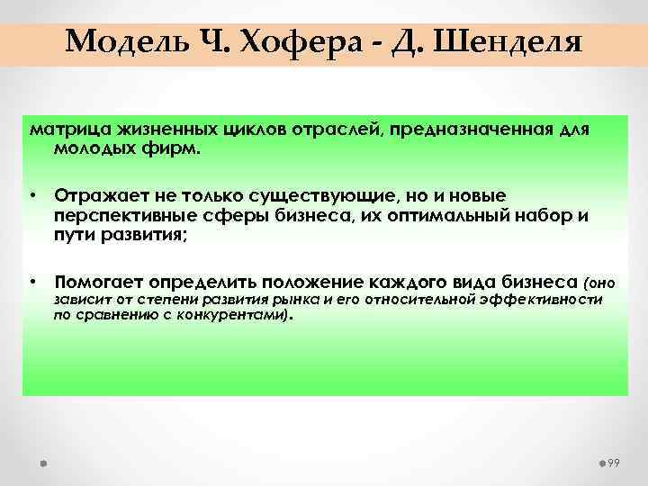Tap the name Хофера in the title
pos(284,41)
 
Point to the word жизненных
pos(155,130)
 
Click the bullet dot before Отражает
pos(31,195)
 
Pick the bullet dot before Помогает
pos(31,281)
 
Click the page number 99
pos(616,462)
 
